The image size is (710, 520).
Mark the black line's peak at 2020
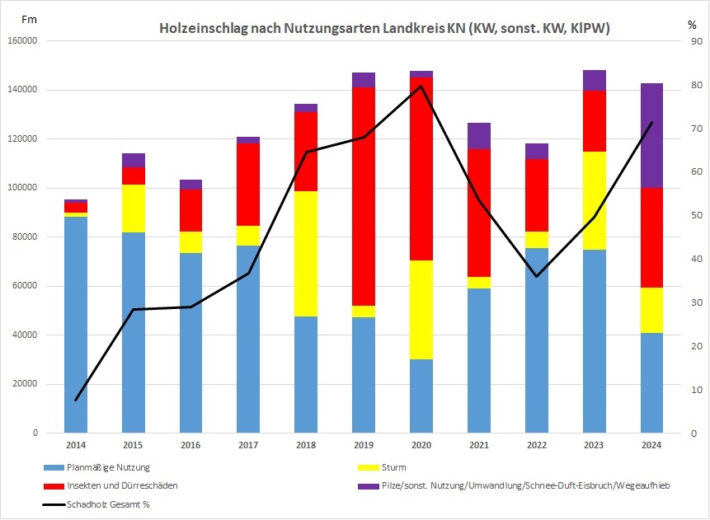click(x=421, y=86)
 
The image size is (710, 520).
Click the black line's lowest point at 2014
click(x=75, y=400)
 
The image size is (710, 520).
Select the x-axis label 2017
click(x=248, y=445)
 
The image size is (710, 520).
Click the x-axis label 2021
click(x=478, y=445)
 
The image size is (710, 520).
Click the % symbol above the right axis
click(x=692, y=24)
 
